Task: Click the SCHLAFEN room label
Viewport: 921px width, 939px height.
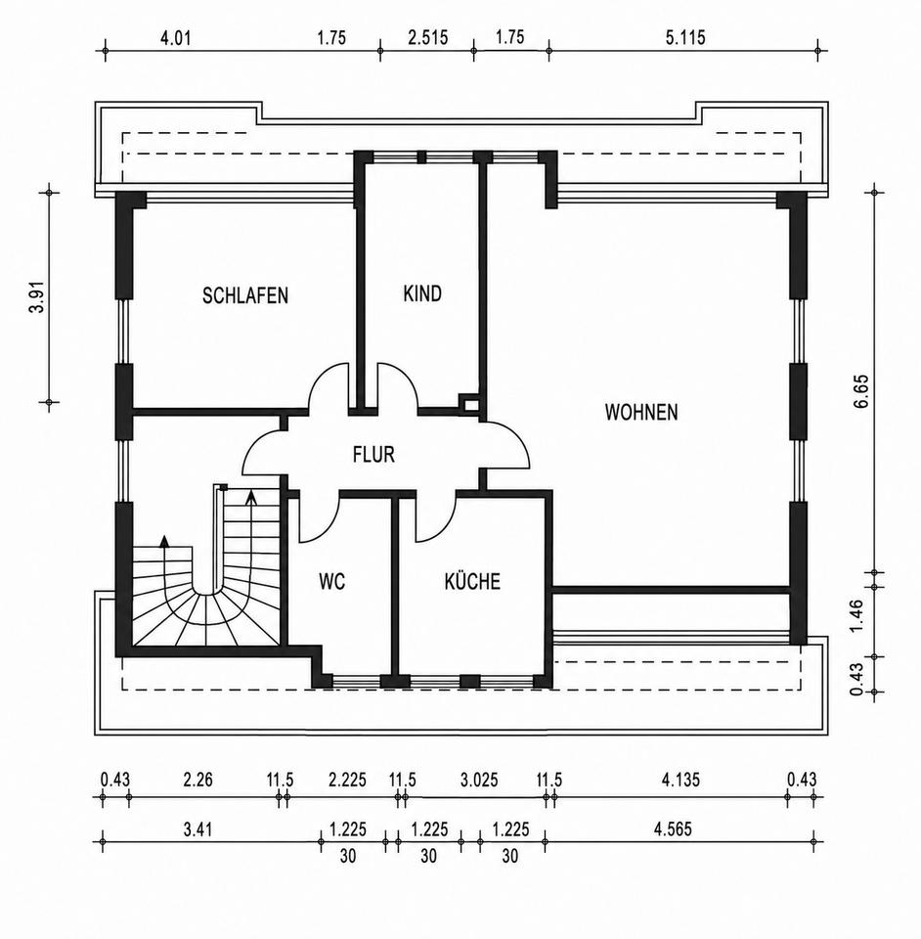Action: click(x=245, y=295)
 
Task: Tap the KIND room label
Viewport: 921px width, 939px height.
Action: click(x=422, y=293)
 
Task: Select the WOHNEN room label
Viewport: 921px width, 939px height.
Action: click(x=641, y=412)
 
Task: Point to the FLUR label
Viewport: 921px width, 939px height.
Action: click(x=374, y=455)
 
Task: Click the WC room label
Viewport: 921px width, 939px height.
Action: click(x=332, y=581)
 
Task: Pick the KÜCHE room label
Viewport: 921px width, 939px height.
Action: click(x=472, y=581)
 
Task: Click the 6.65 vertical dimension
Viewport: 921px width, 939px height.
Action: click(x=860, y=391)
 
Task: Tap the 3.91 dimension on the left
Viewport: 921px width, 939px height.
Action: click(x=38, y=297)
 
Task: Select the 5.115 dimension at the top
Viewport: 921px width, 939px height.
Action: click(x=685, y=38)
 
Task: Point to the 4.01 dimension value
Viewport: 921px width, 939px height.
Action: click(x=175, y=38)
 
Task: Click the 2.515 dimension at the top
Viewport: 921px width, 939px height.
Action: click(x=428, y=38)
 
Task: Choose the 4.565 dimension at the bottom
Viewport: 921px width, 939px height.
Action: click(x=674, y=829)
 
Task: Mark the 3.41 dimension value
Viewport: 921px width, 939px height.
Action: click(x=197, y=829)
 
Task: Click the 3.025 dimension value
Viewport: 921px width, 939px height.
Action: click(x=479, y=780)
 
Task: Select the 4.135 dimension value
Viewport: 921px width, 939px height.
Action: click(x=681, y=780)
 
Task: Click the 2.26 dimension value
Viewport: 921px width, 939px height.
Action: click(x=198, y=780)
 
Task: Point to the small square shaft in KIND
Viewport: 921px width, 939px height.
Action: click(x=470, y=402)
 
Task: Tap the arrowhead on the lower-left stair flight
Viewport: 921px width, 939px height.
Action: click(x=164, y=541)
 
